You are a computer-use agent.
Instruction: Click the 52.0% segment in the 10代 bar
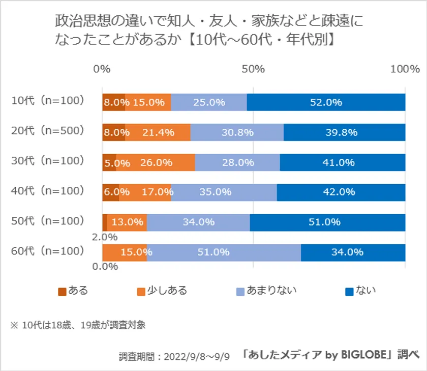(x=326, y=102)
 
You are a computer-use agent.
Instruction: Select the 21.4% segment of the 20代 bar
(x=158, y=132)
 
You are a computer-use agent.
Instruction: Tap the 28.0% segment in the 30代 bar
(x=237, y=162)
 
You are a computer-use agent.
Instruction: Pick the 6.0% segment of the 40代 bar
(x=111, y=192)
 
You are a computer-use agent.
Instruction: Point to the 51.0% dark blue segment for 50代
(x=327, y=222)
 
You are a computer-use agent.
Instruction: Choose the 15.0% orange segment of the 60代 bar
(x=125, y=252)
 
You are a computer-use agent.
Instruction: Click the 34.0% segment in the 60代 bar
(x=353, y=252)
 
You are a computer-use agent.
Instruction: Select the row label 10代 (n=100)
(x=47, y=101)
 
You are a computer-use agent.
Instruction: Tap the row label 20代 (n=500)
(x=47, y=131)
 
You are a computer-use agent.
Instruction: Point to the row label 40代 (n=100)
(x=47, y=191)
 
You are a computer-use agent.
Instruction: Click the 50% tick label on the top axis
(x=253, y=69)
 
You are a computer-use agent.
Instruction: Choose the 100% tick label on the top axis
(x=405, y=69)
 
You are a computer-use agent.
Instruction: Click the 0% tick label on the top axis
(x=102, y=69)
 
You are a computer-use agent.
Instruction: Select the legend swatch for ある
(x=63, y=292)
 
